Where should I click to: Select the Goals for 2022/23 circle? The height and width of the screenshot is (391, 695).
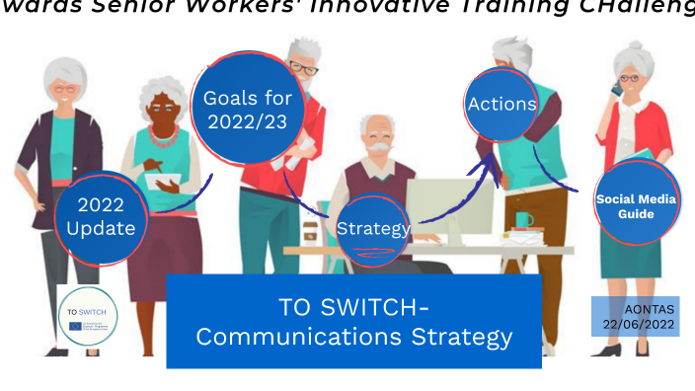(x=247, y=110)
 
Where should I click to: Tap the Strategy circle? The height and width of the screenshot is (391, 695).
(x=372, y=229)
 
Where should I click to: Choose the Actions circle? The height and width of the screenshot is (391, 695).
(x=502, y=105)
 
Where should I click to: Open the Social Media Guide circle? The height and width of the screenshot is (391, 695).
(x=637, y=205)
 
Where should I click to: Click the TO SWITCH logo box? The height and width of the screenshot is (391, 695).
(x=89, y=315)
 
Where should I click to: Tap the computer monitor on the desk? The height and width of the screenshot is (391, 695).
(x=449, y=206)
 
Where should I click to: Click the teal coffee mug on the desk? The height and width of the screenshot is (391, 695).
(x=523, y=220)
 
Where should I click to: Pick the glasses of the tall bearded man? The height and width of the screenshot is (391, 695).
(x=303, y=69)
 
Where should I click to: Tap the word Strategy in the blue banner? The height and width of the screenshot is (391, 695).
(x=457, y=337)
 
